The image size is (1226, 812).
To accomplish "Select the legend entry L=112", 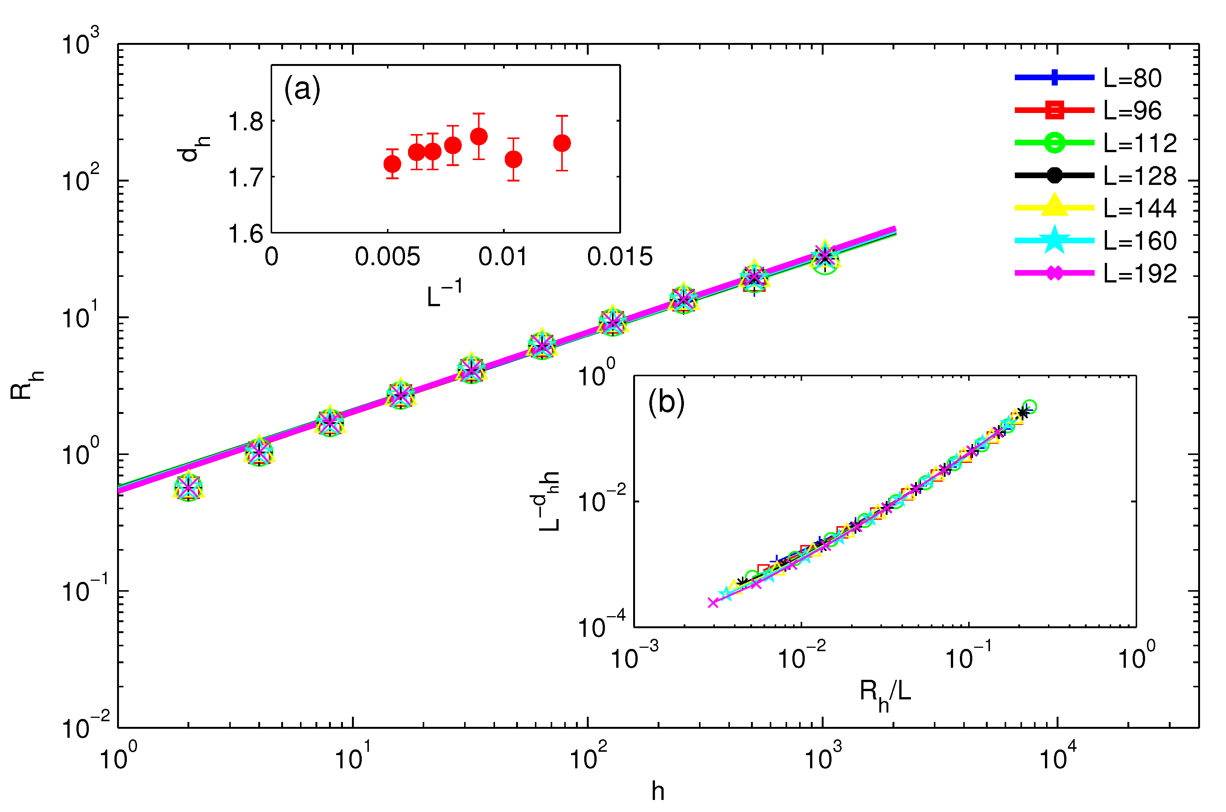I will point(1139,143).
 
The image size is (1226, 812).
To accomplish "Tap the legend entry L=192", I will point(1139,273).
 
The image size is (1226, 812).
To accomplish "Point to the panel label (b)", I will point(666,402).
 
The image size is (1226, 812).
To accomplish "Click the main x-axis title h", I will point(658,791).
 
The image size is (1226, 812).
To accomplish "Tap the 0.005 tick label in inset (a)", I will point(387,257).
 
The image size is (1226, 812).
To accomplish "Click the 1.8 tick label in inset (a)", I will point(246,122).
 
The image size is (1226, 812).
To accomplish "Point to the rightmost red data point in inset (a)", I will point(562,143).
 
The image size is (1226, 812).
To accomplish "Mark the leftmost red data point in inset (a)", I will point(392,164).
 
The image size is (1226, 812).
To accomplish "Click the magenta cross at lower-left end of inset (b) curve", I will point(713,602).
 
